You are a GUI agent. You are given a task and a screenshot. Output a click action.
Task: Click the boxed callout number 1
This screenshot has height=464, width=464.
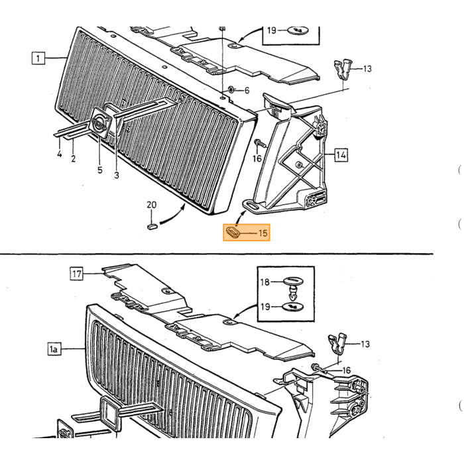tap(38, 58)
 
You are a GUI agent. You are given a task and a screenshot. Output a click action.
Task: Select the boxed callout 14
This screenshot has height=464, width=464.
tap(341, 155)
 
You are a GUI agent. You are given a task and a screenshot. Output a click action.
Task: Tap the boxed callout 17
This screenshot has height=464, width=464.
tap(77, 274)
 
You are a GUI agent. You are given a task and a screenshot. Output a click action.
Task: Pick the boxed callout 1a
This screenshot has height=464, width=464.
tap(54, 349)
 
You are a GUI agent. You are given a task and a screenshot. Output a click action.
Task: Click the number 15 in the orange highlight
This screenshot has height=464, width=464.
tap(262, 233)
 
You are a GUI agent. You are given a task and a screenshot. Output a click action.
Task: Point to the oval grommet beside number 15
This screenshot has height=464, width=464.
tap(233, 232)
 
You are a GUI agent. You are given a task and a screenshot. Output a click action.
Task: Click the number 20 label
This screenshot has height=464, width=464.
tap(152, 205)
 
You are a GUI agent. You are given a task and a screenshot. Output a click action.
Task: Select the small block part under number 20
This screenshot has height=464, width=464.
tap(152, 227)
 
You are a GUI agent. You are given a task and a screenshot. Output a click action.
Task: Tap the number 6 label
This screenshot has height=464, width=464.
tap(247, 90)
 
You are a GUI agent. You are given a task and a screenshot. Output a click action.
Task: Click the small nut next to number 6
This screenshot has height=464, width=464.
tap(231, 89)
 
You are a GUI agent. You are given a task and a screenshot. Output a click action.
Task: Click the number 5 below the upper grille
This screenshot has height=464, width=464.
tap(100, 170)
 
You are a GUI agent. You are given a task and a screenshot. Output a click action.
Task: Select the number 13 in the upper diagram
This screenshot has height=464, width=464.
tap(367, 69)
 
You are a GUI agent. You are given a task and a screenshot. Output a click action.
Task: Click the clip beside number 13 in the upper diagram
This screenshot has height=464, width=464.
tap(343, 70)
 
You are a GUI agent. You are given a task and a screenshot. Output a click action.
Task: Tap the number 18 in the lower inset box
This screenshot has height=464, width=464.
tap(265, 282)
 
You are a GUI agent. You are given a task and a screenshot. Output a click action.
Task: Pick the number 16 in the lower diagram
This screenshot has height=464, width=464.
tap(346, 370)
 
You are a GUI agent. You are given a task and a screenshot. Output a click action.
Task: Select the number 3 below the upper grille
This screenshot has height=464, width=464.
tap(117, 175)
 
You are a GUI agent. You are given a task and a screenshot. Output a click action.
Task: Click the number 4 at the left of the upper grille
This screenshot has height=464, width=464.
tap(60, 154)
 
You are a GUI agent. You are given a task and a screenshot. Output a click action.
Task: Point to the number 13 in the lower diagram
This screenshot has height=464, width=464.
tap(365, 344)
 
